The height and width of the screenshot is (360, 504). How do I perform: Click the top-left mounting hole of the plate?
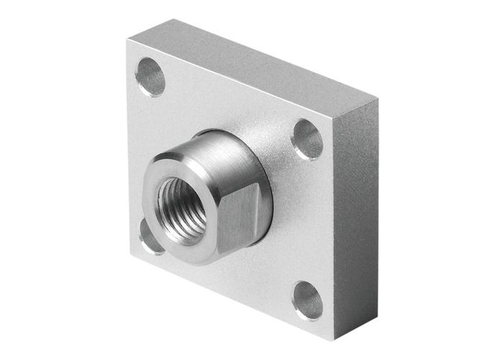point(150,76)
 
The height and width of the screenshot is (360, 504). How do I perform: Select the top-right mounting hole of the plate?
point(307,139)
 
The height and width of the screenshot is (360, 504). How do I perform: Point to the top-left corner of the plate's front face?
point(127,41)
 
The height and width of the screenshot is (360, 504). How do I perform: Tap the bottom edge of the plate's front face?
point(230,296)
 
